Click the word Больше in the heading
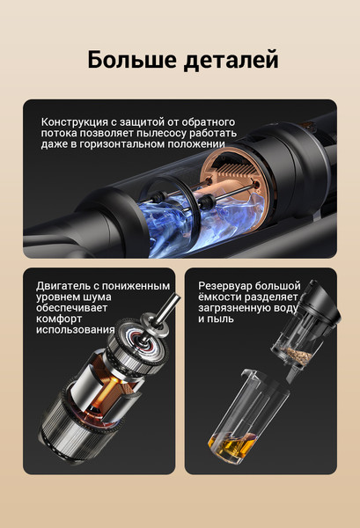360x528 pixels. pyautogui.click(x=132, y=59)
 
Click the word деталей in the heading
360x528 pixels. pyautogui.click(x=231, y=61)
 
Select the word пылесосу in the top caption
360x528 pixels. pyautogui.click(x=161, y=133)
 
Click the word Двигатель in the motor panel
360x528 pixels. pyautogui.click(x=63, y=286)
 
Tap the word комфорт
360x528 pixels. pyautogui.click(x=59, y=319)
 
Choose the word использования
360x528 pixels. pyautogui.click(x=76, y=329)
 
